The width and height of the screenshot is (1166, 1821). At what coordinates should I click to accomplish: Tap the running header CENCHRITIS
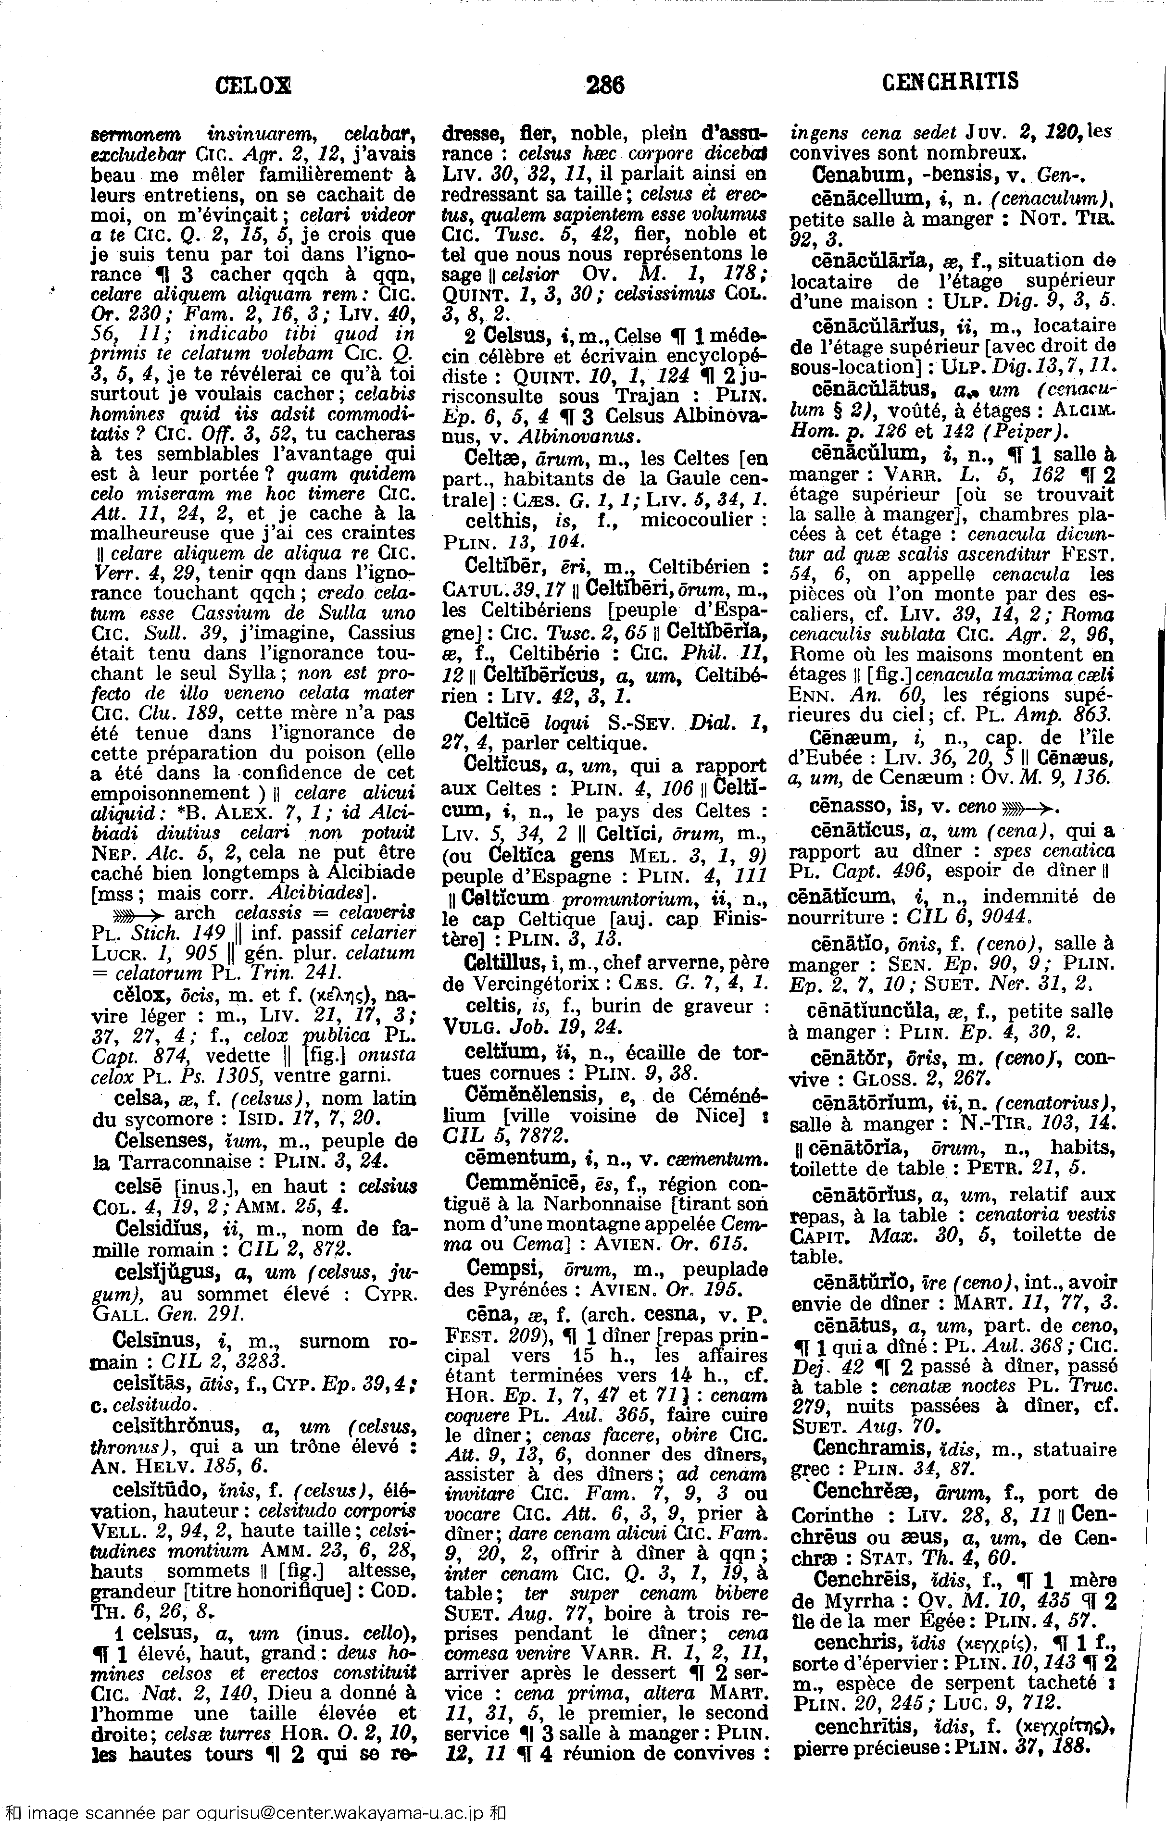(950, 82)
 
